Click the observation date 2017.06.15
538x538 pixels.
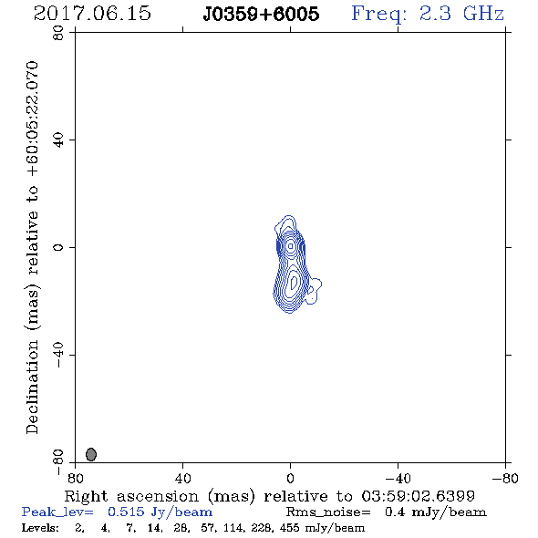tap(92, 14)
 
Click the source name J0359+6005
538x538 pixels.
tap(261, 14)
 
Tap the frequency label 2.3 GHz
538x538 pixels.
tap(461, 14)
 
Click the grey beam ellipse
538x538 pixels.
tap(91, 454)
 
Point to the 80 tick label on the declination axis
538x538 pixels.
tap(58, 33)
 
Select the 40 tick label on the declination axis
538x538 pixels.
tap(58, 140)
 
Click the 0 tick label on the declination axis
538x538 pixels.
tap(58, 247)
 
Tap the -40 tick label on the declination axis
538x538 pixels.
tap(58, 355)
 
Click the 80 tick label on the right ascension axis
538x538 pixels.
tap(75, 478)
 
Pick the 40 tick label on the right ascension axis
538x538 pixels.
tap(182, 478)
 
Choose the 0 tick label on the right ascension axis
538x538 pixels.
tap(290, 478)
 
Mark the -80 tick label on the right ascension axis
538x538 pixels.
tap(505, 478)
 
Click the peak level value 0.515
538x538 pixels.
tap(126, 512)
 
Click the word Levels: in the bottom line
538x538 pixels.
tap(40, 528)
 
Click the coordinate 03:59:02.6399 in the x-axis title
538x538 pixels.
tap(419, 496)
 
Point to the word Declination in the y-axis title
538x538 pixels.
tap(32, 388)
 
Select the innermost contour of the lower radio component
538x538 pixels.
tap(292, 283)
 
